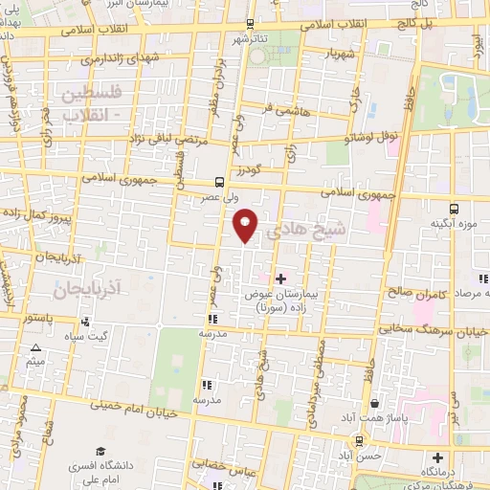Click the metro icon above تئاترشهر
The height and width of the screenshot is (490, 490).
[251, 24]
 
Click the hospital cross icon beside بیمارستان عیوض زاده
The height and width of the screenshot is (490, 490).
[279, 278]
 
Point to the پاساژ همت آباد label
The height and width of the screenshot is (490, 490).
[365, 418]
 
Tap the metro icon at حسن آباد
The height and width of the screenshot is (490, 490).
[360, 440]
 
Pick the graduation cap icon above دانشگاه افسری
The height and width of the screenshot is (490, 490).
[100, 450]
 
